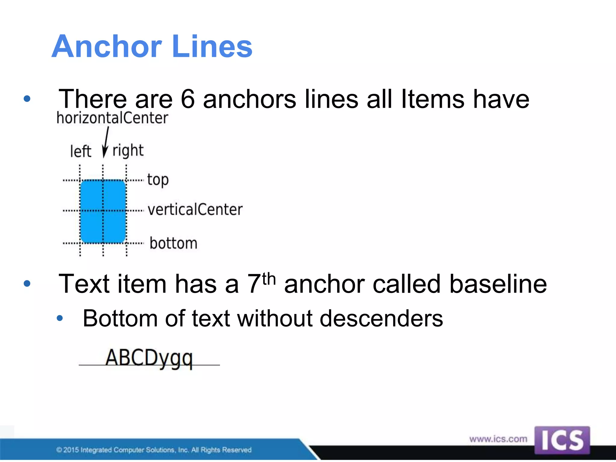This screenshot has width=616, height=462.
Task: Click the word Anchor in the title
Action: click(x=107, y=47)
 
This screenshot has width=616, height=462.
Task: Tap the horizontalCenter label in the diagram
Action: click(x=112, y=118)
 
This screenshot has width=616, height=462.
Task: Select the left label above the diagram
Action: click(x=81, y=151)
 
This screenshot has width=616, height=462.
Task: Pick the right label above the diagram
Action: click(x=128, y=150)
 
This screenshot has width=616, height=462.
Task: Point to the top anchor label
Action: click(x=158, y=180)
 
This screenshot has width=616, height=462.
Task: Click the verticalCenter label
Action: click(x=195, y=210)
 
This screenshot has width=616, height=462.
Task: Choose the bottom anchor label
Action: click(x=174, y=243)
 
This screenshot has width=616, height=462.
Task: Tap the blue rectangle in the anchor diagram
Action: click(x=103, y=211)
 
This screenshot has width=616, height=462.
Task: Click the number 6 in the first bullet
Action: click(x=188, y=99)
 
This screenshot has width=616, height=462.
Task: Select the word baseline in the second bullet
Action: click(x=498, y=284)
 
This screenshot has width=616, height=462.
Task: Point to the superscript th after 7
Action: click(x=269, y=279)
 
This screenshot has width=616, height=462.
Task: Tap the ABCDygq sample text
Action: click(x=149, y=358)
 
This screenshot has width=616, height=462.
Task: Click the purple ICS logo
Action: click(x=562, y=440)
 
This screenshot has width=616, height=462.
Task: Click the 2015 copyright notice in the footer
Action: click(x=154, y=450)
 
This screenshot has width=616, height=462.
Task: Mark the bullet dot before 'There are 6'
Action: click(x=27, y=99)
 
